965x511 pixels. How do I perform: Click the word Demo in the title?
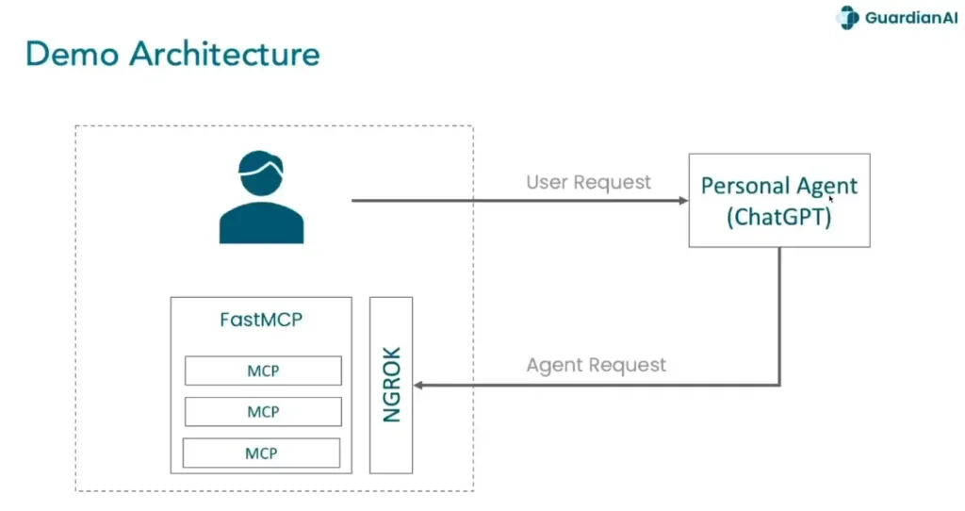[x=72, y=54]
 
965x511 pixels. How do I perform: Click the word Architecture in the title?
[x=225, y=54]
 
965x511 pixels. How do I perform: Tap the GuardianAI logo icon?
[x=848, y=18]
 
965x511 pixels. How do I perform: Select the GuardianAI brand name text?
[x=910, y=18]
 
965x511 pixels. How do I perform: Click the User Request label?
[x=588, y=182]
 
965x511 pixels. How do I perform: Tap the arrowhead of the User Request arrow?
[x=683, y=201]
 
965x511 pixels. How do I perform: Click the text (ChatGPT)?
[x=778, y=216]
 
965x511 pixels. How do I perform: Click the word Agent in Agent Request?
[x=552, y=365]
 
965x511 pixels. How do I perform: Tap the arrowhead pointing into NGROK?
[x=419, y=385]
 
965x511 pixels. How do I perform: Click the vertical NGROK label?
[x=392, y=385]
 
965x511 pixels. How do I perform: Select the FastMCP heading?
[x=261, y=320]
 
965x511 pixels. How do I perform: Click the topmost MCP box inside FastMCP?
[x=262, y=371]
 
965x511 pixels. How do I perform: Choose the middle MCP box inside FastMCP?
[x=262, y=412]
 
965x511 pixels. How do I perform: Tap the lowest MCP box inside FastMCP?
[x=261, y=453]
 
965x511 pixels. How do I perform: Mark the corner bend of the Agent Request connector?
[x=779, y=385]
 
